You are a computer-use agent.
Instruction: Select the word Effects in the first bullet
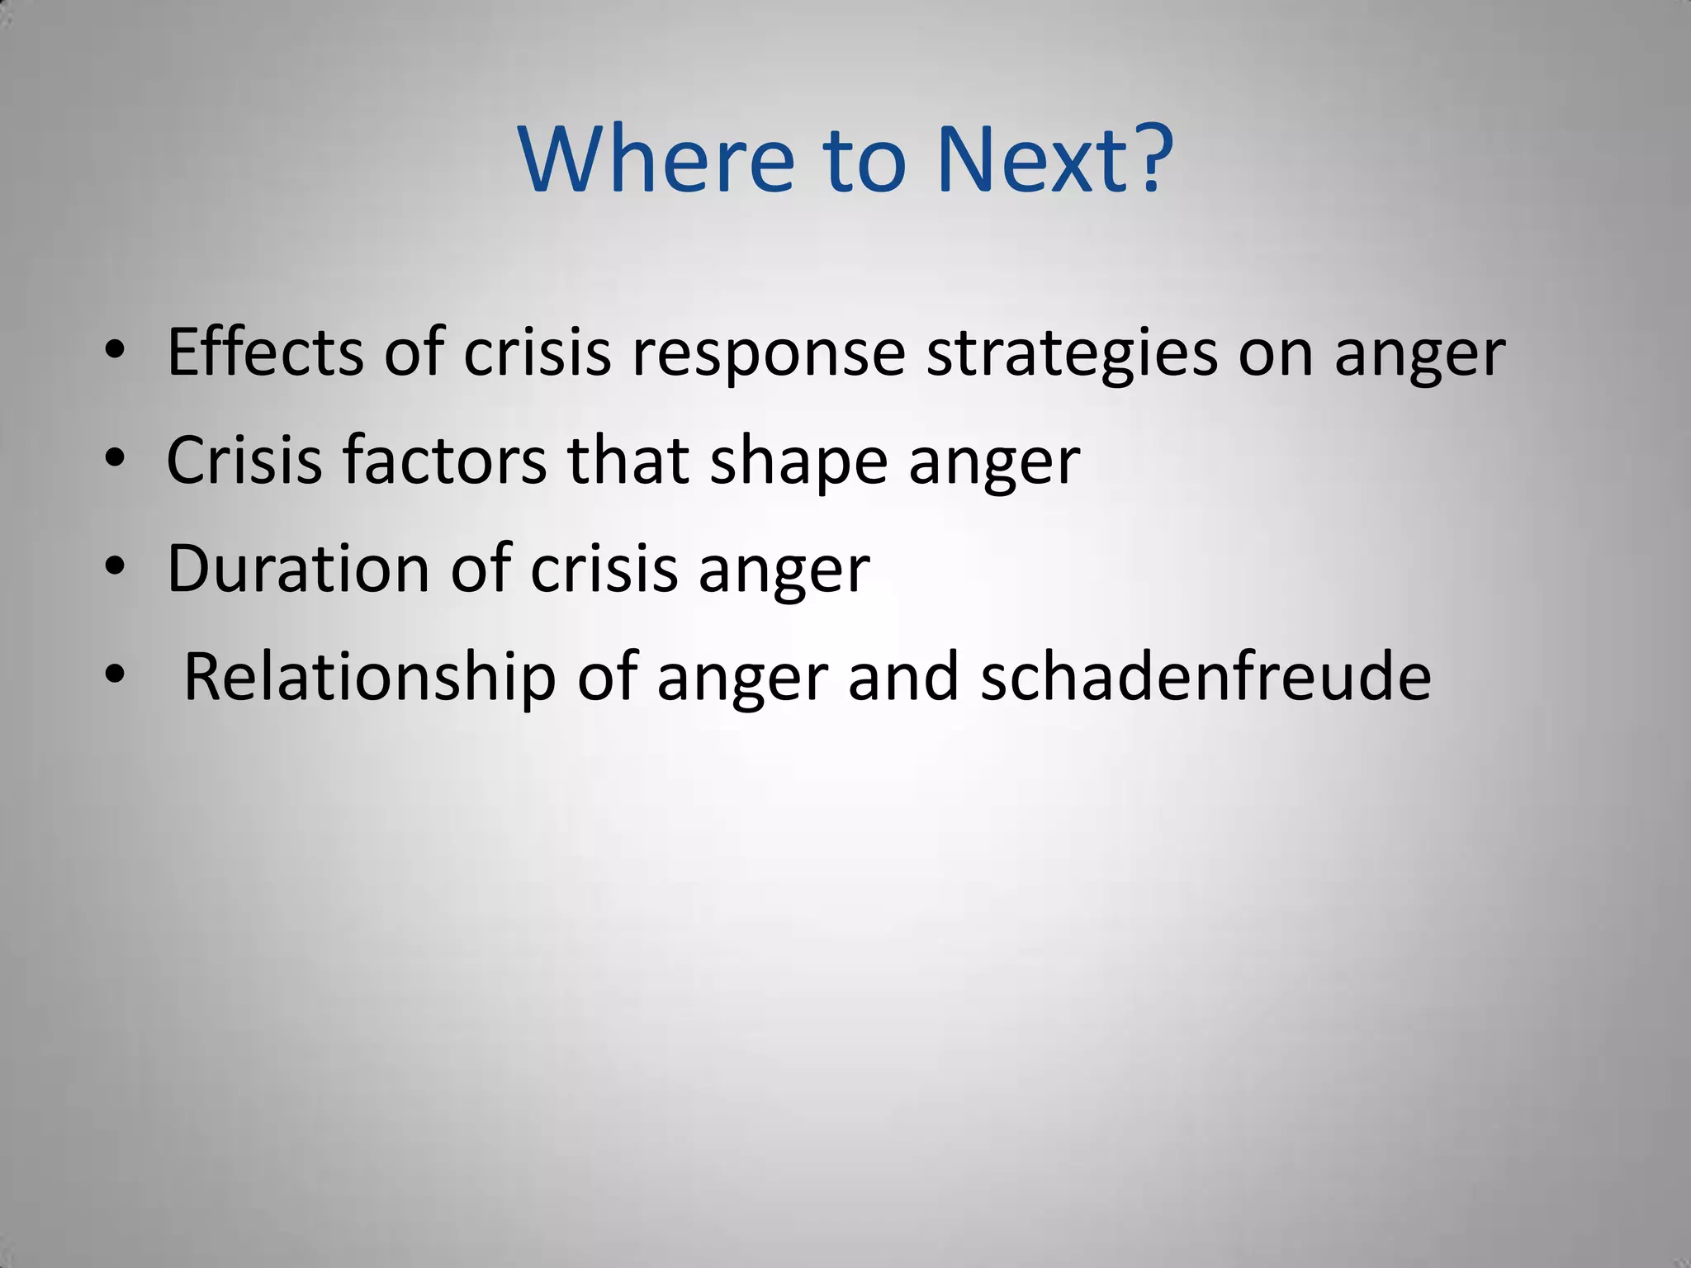(265, 352)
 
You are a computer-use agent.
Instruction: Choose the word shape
(798, 462)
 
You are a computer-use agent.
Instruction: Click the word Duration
(298, 569)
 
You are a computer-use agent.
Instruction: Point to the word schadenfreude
(1205, 677)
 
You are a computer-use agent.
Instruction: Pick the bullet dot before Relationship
(115, 675)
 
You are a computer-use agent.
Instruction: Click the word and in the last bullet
(903, 677)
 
